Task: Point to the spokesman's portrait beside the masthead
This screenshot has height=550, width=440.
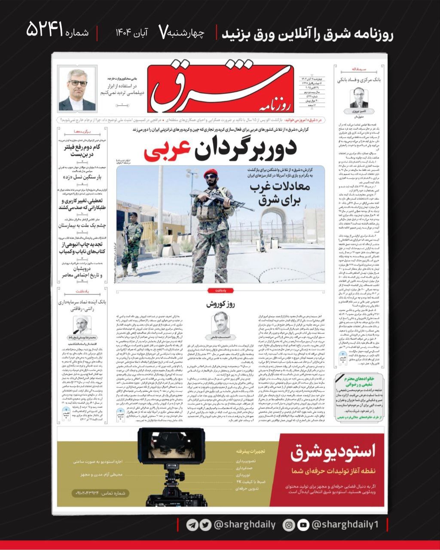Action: tap(77, 89)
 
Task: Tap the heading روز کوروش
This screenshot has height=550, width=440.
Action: tap(220, 304)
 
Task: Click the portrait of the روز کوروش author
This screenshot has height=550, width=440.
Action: tap(220, 323)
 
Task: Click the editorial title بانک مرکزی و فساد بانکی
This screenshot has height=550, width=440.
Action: tap(358, 80)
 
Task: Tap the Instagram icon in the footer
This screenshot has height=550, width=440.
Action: tap(290, 525)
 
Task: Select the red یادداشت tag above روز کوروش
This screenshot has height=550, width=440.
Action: tap(220, 290)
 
